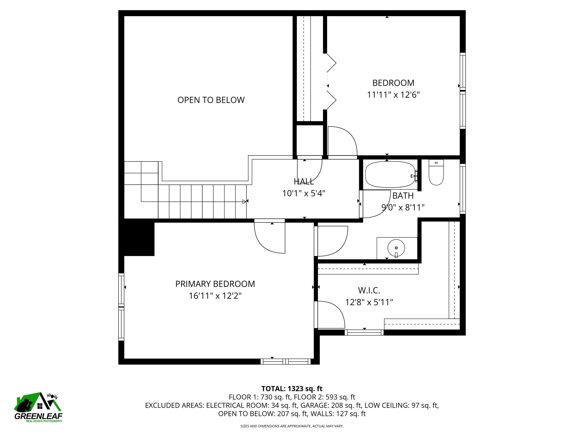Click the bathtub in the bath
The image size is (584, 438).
(x=390, y=175)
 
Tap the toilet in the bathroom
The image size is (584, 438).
(x=436, y=172)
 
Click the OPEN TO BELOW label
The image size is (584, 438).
(x=211, y=100)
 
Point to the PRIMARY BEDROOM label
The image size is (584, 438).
(x=215, y=284)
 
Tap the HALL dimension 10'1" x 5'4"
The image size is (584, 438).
(x=304, y=193)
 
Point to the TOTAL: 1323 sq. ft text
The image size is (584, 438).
(x=292, y=389)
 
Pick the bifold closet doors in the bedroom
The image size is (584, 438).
(x=332, y=82)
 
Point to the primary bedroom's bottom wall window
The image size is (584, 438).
(x=286, y=361)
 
